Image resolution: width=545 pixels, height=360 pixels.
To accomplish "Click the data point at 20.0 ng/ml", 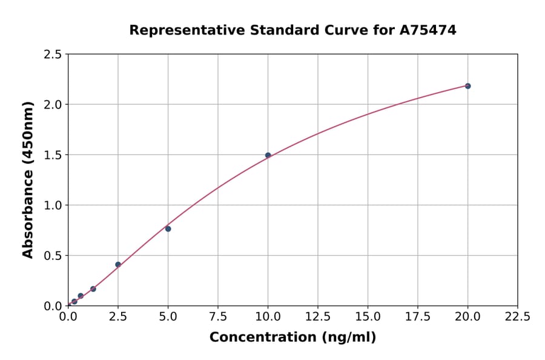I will click(467, 86).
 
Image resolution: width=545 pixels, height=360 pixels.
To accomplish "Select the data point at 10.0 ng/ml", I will click(268, 155).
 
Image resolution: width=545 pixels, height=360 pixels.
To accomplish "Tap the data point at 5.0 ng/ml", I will click(168, 228).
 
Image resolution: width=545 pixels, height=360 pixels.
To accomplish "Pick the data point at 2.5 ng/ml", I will click(118, 264).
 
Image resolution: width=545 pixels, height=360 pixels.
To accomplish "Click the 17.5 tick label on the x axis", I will click(418, 316).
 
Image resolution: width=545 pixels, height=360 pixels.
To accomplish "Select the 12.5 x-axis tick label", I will click(318, 316).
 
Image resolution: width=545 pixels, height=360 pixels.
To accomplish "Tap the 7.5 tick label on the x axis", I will click(218, 316).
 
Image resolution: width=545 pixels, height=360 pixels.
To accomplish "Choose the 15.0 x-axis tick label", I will click(368, 316).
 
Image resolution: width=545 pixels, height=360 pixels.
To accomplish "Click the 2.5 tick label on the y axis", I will click(53, 55).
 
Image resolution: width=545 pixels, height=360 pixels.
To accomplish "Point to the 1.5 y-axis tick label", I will click(53, 155).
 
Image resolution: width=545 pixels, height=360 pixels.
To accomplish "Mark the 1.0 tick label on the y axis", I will click(53, 205).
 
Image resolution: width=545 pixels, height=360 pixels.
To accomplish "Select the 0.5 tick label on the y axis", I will click(53, 256).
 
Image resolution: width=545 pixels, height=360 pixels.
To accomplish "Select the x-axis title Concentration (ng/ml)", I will click(292, 338).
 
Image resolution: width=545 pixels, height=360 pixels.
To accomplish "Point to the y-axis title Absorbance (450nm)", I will click(28, 179).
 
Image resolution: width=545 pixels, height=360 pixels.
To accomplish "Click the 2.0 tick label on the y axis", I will click(53, 105).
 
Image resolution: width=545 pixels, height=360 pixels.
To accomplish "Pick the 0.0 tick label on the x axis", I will click(68, 316).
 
